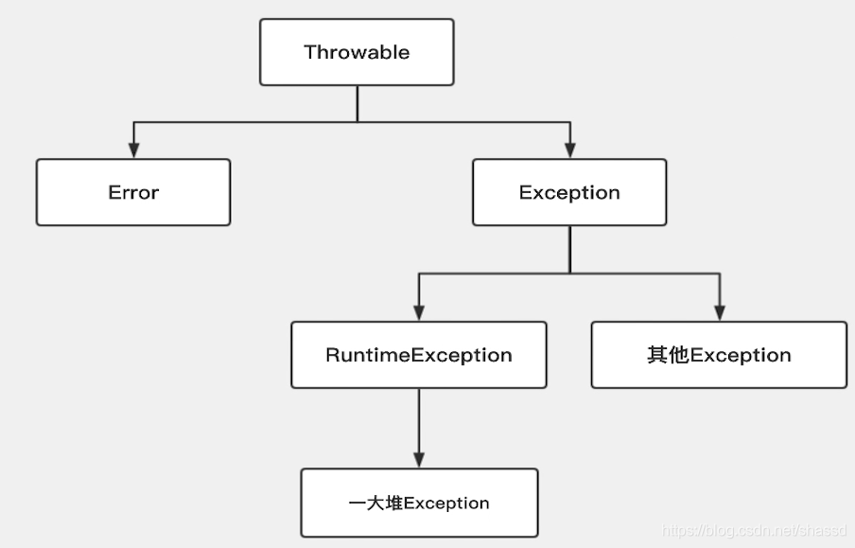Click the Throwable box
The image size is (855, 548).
click(x=357, y=52)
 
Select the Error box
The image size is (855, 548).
click(x=133, y=192)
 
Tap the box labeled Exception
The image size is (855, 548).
click(x=569, y=192)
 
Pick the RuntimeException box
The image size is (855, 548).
click(x=419, y=355)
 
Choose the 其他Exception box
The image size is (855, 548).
click(x=719, y=355)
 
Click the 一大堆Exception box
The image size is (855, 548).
click(x=419, y=503)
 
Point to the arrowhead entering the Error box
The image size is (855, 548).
click(x=133, y=150)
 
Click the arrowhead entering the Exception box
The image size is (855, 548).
click(x=569, y=150)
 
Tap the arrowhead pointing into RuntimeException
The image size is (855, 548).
click(x=419, y=312)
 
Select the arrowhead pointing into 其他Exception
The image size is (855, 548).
click(x=719, y=312)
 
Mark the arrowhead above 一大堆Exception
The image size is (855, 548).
click(x=419, y=459)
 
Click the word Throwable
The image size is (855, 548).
click(x=357, y=52)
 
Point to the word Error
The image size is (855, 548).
click(x=133, y=192)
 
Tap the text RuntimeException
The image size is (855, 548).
click(x=419, y=355)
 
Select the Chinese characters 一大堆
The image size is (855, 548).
click(x=375, y=503)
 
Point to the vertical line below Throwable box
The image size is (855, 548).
click(x=357, y=103)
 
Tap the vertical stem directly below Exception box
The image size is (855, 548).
click(x=569, y=249)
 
